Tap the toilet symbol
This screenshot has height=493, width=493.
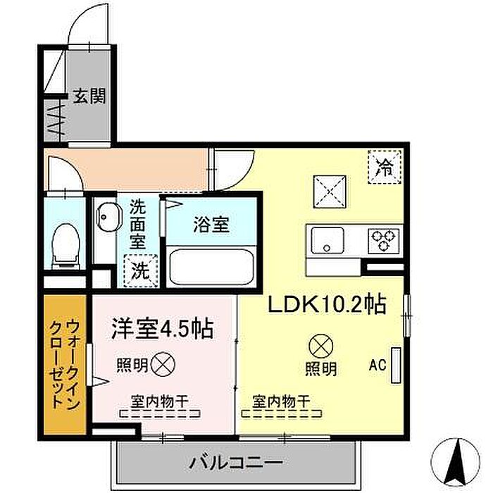(x=65, y=242)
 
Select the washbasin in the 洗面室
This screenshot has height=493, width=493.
(x=108, y=218)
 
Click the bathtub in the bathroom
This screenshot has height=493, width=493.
(x=211, y=265)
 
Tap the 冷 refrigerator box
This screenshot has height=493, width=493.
(x=385, y=168)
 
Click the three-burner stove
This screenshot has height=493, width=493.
(x=385, y=240)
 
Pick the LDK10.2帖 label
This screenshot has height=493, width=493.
(x=325, y=304)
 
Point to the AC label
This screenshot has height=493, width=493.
(x=377, y=366)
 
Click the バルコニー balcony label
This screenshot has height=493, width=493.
(x=236, y=463)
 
